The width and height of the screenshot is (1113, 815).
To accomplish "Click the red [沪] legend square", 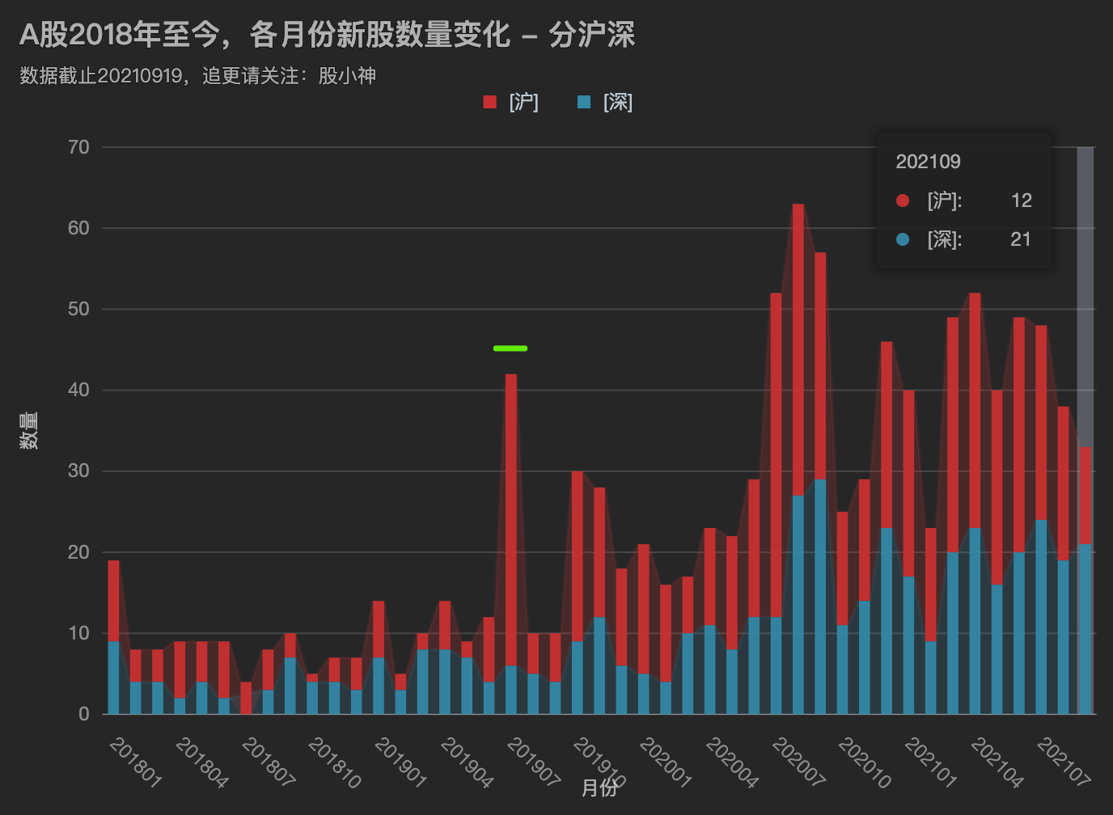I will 489,102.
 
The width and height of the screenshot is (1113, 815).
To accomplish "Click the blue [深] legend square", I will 584,102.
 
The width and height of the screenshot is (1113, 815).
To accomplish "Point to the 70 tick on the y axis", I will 78,147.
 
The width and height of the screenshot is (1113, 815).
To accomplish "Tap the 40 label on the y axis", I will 78,390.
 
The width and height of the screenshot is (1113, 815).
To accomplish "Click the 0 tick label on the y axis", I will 84,714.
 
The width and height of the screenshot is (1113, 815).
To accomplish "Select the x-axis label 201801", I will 135,762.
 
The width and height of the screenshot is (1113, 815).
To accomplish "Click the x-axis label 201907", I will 533,762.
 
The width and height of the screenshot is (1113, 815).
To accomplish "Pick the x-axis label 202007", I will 798,762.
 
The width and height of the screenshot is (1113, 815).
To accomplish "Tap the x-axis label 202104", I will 997,762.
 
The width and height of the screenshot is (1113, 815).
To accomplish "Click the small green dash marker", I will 510,348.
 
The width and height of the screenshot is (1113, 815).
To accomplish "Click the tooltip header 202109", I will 928,162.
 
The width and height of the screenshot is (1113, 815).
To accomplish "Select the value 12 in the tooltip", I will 1021,201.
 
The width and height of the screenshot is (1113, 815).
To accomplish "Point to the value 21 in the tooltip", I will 1020,239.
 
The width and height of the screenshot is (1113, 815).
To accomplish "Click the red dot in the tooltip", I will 903,201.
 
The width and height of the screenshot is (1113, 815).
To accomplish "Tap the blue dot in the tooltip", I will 903,239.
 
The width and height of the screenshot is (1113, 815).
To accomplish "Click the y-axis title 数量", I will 29,430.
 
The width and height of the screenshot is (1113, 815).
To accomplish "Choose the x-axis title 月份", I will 599,788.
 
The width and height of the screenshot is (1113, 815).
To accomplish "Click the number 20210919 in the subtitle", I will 139,76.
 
